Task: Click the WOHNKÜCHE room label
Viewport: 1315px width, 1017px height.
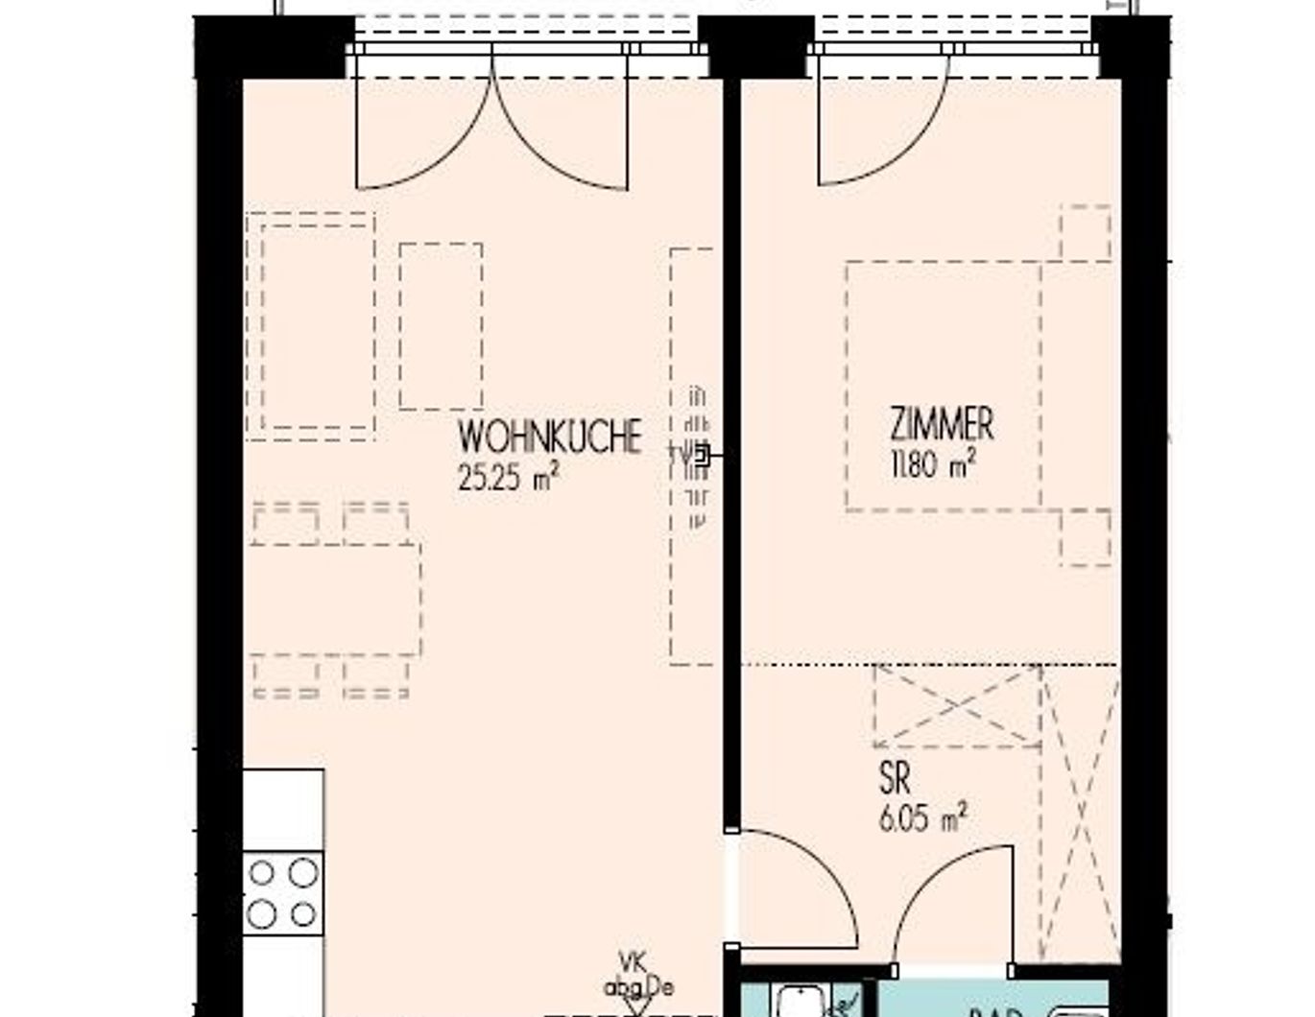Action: click(x=550, y=437)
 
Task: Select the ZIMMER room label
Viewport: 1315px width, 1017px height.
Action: click(x=941, y=424)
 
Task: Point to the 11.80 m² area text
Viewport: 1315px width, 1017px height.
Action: click(x=933, y=465)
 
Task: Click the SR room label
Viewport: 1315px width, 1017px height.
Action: click(x=895, y=779)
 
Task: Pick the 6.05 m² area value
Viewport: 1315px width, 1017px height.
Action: click(x=921, y=819)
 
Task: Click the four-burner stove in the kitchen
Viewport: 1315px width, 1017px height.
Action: click(x=282, y=893)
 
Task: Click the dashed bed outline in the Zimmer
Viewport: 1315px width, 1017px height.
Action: click(x=943, y=385)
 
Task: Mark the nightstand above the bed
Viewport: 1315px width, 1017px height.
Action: click(x=1086, y=232)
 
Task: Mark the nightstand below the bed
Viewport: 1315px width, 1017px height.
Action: click(x=1086, y=537)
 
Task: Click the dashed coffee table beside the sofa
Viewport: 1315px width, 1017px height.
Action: click(x=441, y=326)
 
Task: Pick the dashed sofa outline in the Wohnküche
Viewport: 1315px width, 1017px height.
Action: click(x=310, y=326)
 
